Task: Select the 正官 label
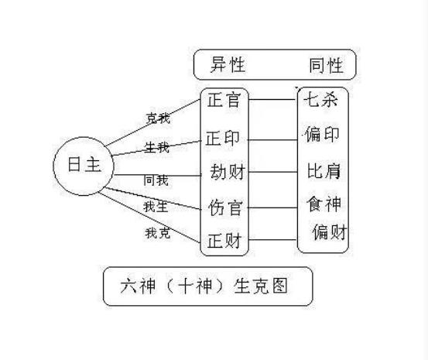tap(224, 100)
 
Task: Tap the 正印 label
tap(223, 138)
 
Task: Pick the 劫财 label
tap(228, 172)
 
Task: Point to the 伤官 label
tap(225, 207)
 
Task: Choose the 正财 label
tap(224, 241)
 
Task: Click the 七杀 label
tap(320, 99)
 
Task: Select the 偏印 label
tap(322, 134)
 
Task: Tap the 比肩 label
tap(324, 171)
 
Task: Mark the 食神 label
tap(324, 204)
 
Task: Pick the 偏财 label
tap(330, 232)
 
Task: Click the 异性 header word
tap(228, 65)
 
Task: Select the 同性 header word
tap(326, 66)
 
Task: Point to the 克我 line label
tap(159, 118)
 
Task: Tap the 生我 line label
tap(157, 148)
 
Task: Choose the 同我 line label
tap(156, 180)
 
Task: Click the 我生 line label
tap(156, 207)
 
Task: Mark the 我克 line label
tap(158, 233)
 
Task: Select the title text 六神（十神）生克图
tap(204, 286)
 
